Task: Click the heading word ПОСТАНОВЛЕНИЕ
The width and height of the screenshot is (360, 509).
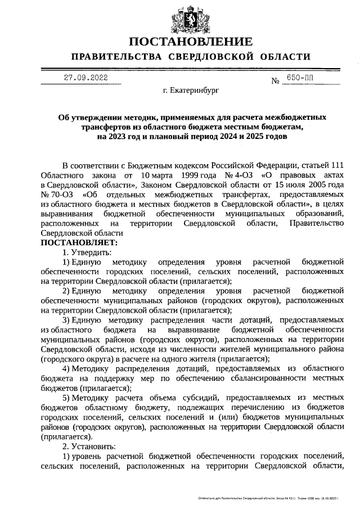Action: pyautogui.click(x=190, y=42)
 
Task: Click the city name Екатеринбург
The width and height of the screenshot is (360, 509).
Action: pyautogui.click(x=191, y=89)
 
